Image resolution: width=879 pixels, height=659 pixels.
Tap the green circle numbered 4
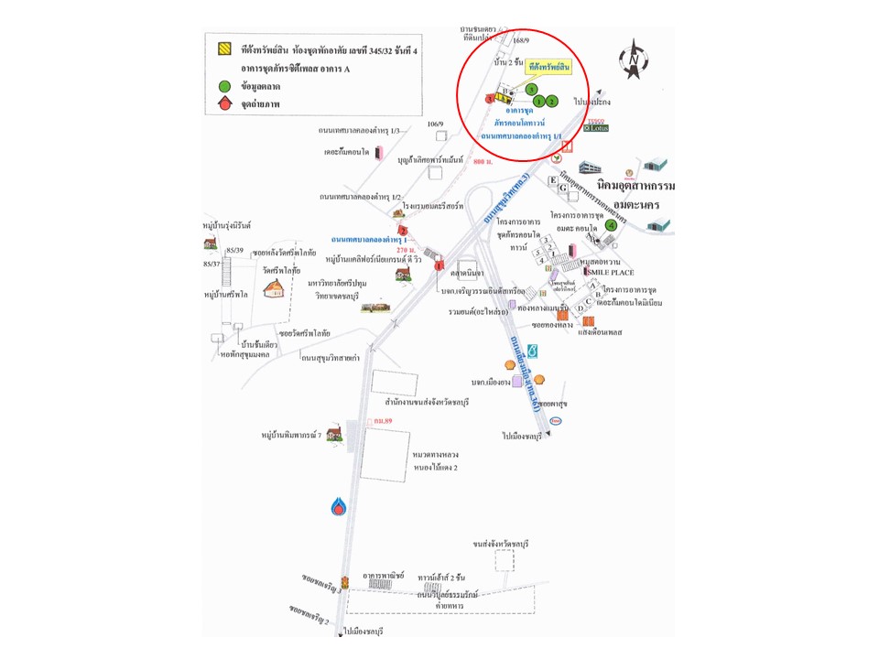(611, 225)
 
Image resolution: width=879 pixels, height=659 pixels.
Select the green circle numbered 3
(531, 89)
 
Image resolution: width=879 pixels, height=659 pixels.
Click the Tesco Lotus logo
(597, 126)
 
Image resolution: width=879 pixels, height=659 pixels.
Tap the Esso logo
(556, 421)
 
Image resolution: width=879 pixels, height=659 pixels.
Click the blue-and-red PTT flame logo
(340, 505)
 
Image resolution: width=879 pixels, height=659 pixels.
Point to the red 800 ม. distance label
(483, 161)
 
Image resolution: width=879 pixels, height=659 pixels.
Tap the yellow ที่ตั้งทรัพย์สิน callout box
(549, 68)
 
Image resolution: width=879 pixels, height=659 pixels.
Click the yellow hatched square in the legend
(223, 49)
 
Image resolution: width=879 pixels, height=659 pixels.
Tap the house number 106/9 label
(435, 124)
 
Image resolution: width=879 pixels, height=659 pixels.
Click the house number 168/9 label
(522, 40)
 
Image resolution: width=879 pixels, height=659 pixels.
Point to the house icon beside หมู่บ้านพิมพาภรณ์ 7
(333, 432)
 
